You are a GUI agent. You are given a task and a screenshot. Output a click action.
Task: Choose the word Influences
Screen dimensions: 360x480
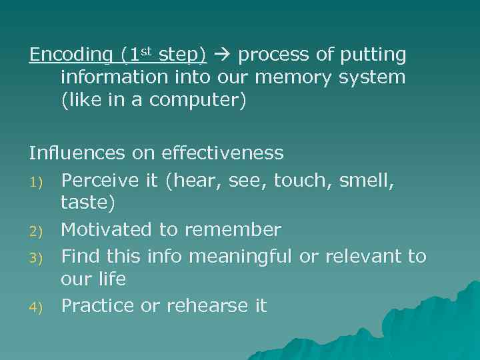[77, 153]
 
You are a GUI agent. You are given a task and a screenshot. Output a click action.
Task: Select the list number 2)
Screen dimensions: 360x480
[35, 231]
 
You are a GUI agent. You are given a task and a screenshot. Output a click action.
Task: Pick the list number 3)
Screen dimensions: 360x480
[35, 257]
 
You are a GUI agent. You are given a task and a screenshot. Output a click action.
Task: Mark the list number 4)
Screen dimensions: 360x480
[35, 307]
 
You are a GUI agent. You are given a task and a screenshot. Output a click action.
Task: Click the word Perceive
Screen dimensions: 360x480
[98, 179]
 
